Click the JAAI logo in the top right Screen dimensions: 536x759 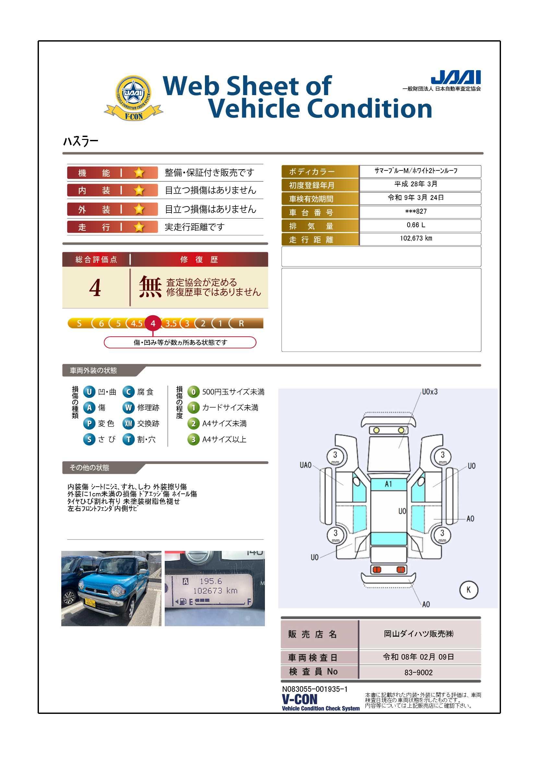456,77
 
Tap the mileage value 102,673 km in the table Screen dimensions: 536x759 416,238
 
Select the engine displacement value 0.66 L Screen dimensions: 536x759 416,225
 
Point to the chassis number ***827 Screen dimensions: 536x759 416,212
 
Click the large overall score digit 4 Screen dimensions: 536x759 95,288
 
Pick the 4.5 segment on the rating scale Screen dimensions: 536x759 137,323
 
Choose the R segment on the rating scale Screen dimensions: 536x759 242,323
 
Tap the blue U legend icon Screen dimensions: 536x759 89,392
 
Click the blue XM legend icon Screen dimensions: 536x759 128,423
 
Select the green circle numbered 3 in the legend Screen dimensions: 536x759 194,439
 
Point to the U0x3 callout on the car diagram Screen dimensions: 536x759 430,392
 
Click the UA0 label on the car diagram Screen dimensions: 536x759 305,465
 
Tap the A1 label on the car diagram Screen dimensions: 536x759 388,484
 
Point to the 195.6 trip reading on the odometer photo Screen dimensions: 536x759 211,581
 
